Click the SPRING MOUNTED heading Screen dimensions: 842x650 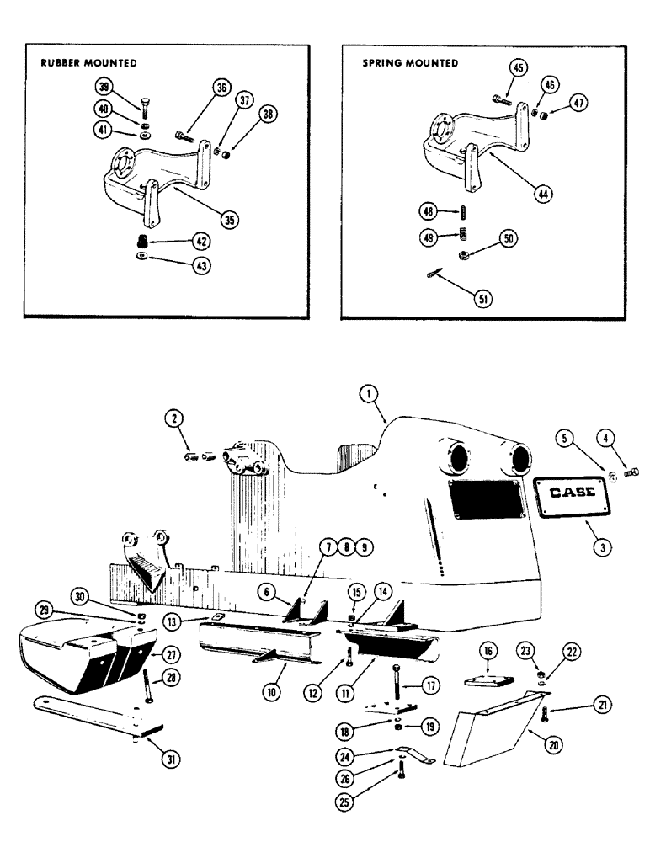click(410, 63)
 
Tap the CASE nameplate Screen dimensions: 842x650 click(572, 497)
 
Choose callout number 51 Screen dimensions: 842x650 click(482, 296)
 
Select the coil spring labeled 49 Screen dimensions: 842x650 click(461, 236)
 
